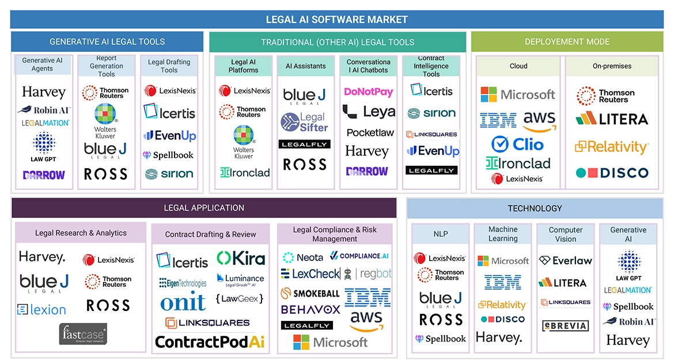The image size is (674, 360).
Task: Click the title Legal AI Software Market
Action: click(336, 20)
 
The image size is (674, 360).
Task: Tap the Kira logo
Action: click(241, 258)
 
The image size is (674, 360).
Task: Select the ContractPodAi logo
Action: click(210, 342)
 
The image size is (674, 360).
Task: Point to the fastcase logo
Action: click(83, 334)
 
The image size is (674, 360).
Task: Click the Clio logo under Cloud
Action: click(518, 143)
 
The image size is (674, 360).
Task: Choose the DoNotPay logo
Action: click(368, 92)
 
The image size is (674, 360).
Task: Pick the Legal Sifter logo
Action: click(305, 122)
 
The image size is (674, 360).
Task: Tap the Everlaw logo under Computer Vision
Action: click(566, 260)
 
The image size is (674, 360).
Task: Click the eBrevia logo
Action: click(566, 325)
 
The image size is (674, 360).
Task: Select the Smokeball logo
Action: click(310, 293)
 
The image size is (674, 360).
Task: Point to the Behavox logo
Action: click(311, 309)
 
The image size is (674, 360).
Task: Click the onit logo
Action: click(183, 301)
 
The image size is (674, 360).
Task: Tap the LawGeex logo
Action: click(240, 298)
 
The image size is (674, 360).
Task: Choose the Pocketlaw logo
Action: click(370, 132)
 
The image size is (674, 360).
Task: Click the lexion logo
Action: click(41, 310)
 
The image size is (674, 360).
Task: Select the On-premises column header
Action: click(612, 66)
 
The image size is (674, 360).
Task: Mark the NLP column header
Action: click(441, 234)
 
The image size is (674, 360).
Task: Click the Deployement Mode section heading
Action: click(567, 42)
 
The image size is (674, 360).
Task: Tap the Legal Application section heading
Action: click(204, 208)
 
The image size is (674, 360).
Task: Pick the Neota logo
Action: click(303, 257)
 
